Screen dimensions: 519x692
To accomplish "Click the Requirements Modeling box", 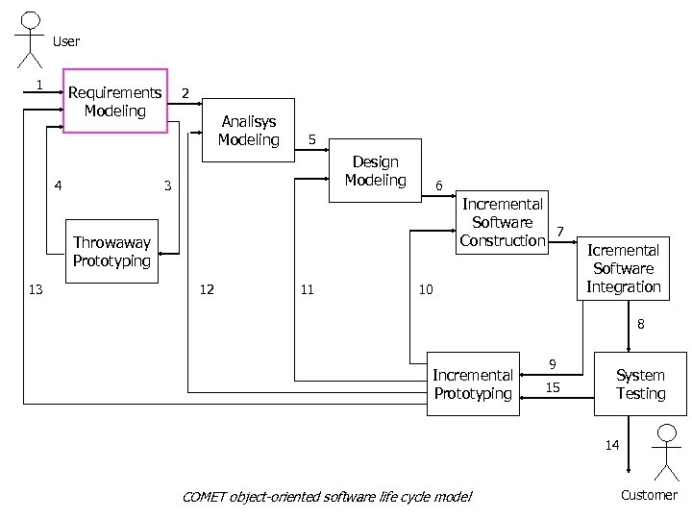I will (x=114, y=101).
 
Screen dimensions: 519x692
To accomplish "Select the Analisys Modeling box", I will (x=248, y=131).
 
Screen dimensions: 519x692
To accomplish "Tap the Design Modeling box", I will (x=375, y=171).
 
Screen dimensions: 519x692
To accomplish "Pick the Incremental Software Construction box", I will (x=502, y=222).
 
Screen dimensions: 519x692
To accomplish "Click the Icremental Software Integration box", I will (x=623, y=268).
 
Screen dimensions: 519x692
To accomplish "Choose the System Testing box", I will (x=640, y=384).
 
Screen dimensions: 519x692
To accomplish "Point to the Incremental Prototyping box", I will (x=473, y=384).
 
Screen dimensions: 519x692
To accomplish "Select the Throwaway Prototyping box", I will (x=111, y=253).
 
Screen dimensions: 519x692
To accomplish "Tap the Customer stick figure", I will (x=664, y=455).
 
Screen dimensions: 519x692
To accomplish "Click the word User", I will (x=66, y=41).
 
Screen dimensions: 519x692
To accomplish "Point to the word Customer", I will (x=649, y=496).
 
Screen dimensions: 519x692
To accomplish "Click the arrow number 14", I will (x=612, y=444).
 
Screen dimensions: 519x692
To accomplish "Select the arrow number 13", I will (x=36, y=289).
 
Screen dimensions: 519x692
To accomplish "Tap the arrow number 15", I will (x=553, y=387).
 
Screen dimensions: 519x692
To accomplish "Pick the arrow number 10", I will (x=426, y=289).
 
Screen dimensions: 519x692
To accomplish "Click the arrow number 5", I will (x=311, y=139).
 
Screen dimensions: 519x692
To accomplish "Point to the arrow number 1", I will (x=38, y=84).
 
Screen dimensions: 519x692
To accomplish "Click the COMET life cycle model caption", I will (x=327, y=496).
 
